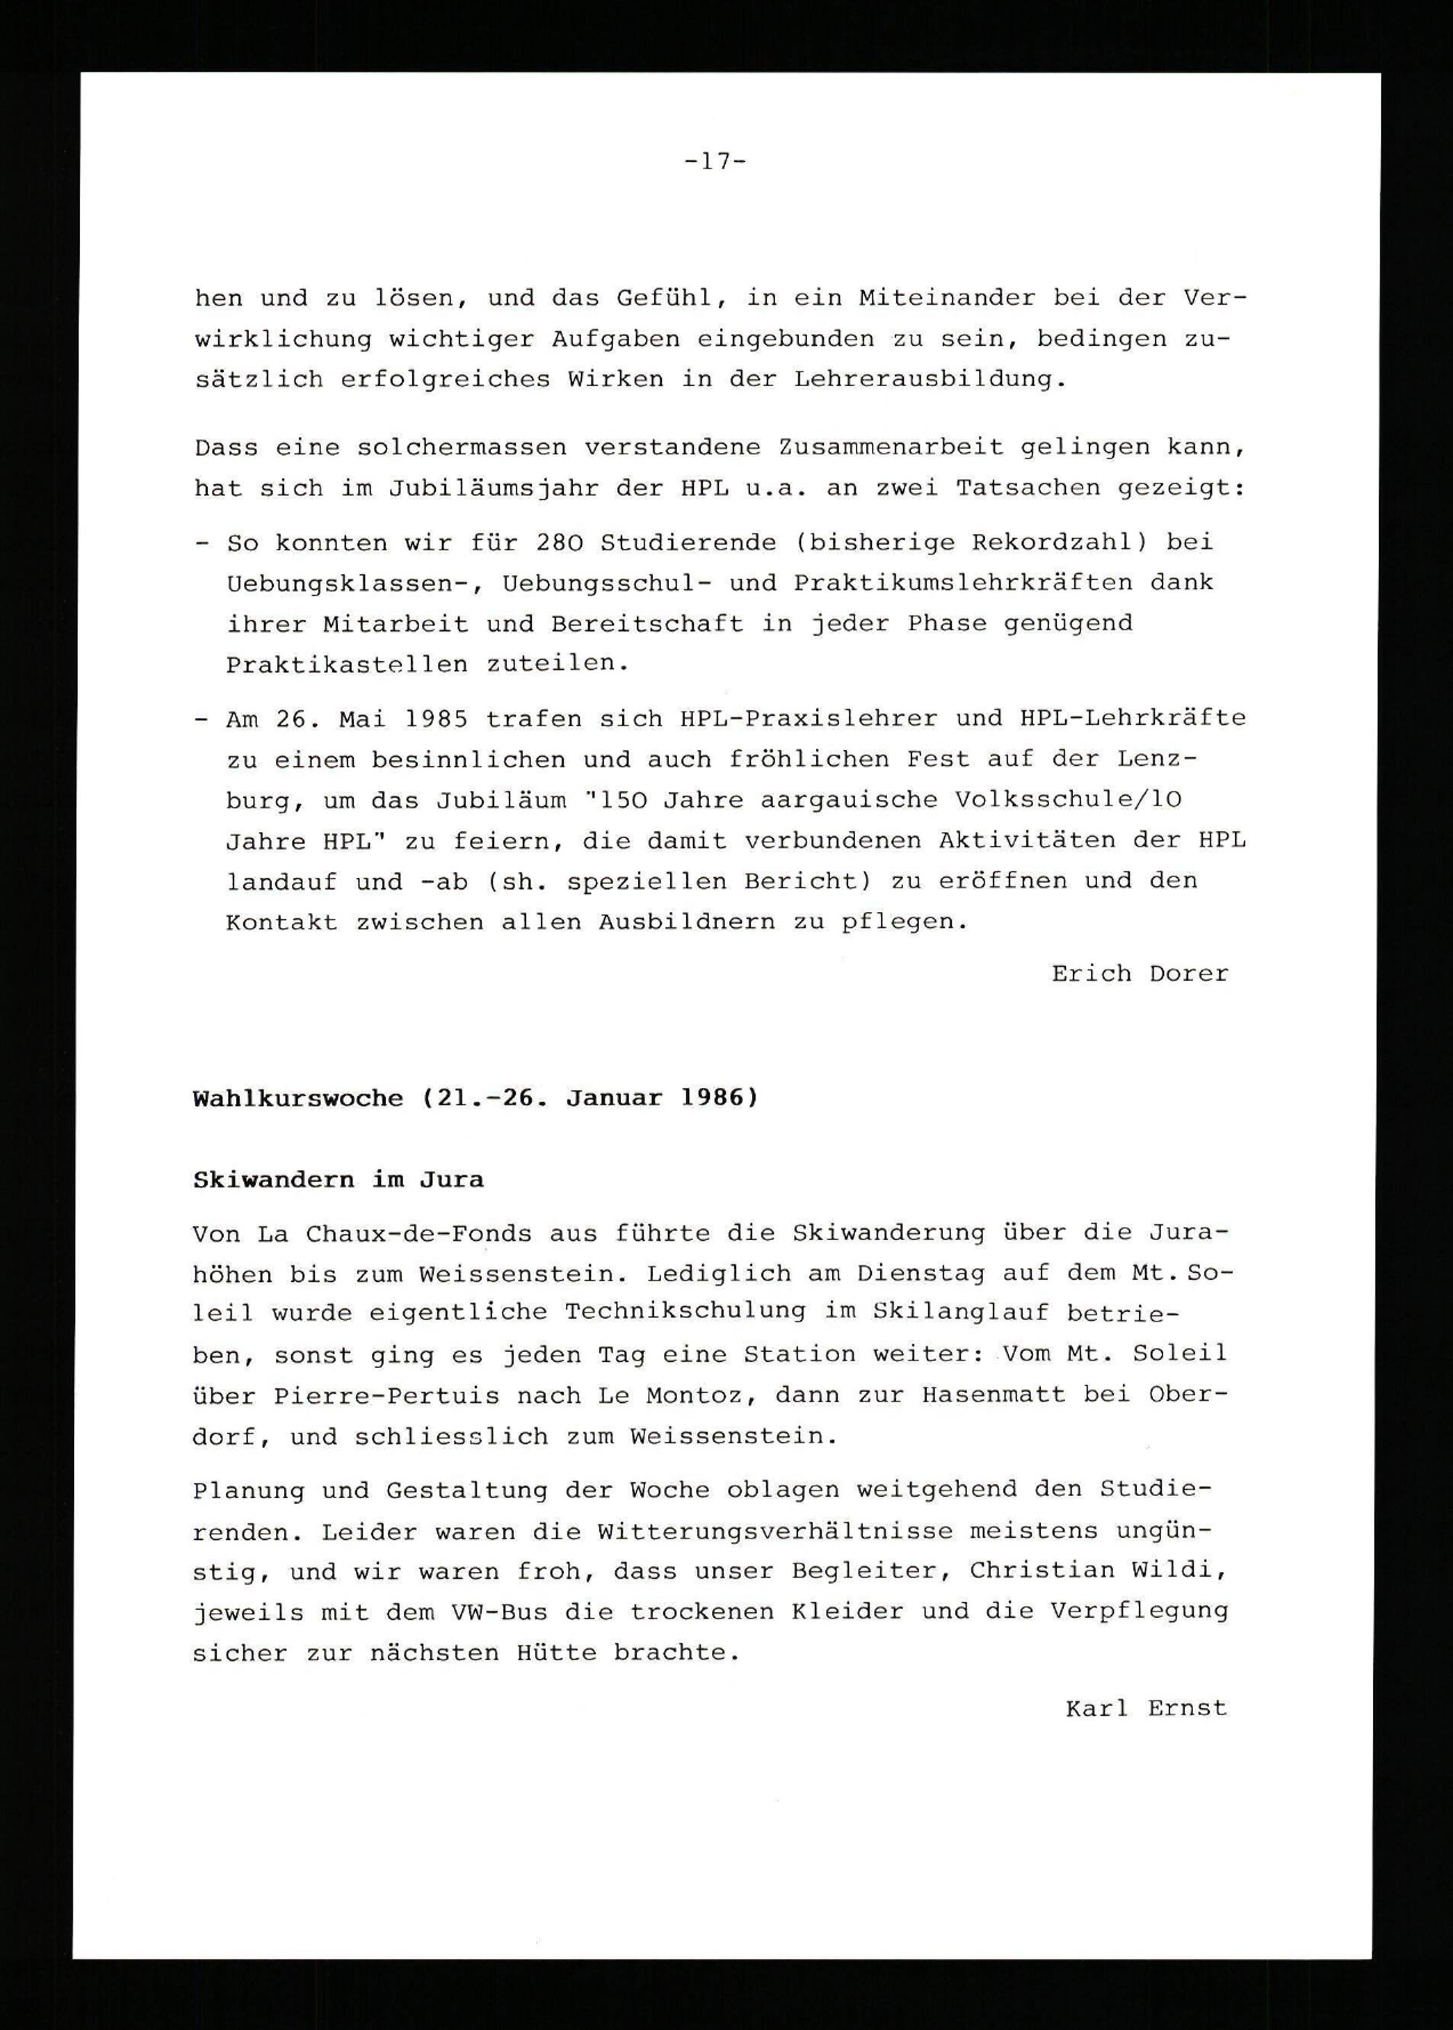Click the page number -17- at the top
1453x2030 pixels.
tap(715, 162)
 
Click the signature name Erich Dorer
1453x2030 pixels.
tap(1139, 974)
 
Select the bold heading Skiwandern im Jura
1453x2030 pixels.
tap(339, 1180)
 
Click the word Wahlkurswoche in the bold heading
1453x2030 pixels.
tap(298, 1098)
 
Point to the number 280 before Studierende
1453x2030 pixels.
tap(559, 542)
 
